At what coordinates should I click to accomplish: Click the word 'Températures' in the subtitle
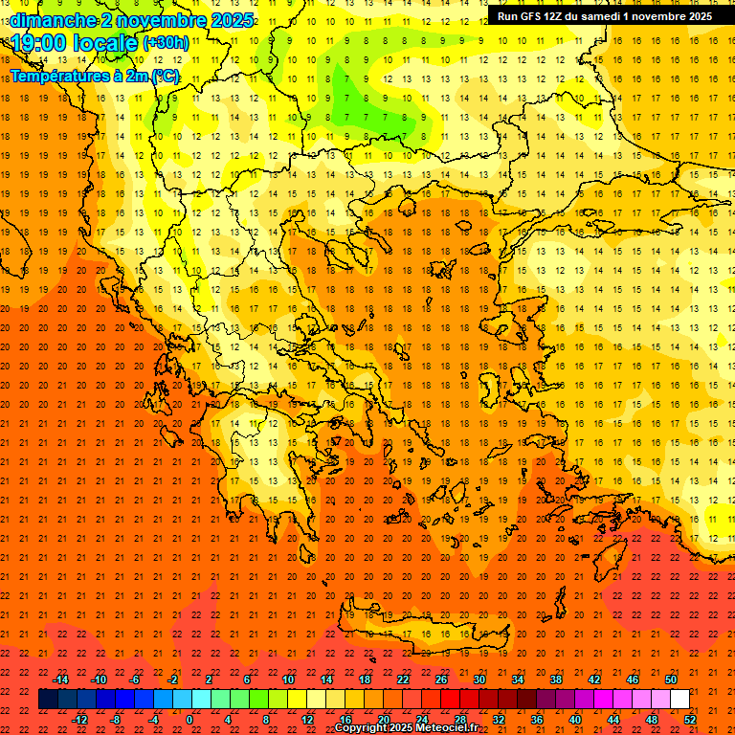coord(59,76)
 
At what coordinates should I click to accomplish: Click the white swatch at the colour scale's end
coord(679,700)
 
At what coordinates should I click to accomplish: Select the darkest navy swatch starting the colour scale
coord(48,700)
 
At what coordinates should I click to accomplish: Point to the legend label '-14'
coord(60,679)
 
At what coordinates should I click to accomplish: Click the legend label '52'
coord(690,720)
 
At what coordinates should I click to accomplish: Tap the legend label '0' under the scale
coord(189,720)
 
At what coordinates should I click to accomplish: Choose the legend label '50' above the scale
coord(670,679)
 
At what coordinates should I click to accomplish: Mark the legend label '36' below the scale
coord(537,720)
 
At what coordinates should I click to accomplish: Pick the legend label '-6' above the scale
coord(135,679)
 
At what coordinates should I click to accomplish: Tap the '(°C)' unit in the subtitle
coord(164,76)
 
